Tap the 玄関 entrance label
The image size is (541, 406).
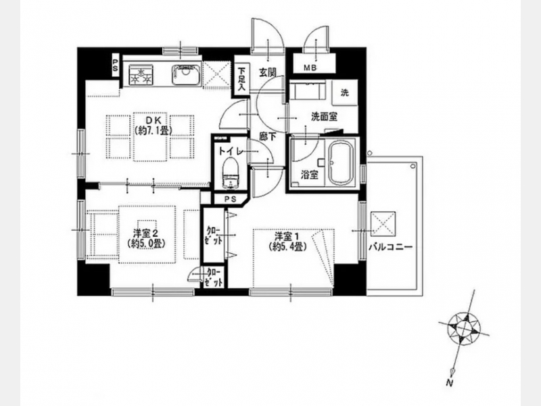(x=268, y=72)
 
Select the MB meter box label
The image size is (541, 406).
(x=310, y=68)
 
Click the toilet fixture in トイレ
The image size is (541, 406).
(x=231, y=174)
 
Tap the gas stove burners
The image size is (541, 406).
(x=141, y=75)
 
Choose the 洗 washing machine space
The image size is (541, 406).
(x=344, y=93)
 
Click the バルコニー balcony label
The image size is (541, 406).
(x=390, y=247)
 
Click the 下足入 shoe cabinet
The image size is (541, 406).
(x=241, y=80)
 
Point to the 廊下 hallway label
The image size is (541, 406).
(x=268, y=137)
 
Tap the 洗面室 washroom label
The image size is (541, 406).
(x=324, y=117)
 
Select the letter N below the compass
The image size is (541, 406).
(x=449, y=382)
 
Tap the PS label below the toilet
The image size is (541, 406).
(x=230, y=199)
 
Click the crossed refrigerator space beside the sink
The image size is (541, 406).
(x=216, y=75)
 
